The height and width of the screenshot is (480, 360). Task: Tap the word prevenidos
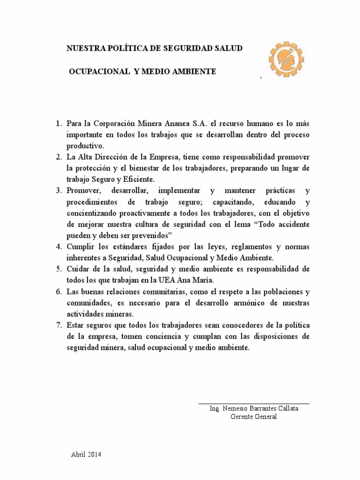[151, 235]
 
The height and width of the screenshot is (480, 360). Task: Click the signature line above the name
[253, 403]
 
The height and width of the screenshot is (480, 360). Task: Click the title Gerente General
[254, 417]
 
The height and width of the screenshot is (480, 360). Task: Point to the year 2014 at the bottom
[94, 455]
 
